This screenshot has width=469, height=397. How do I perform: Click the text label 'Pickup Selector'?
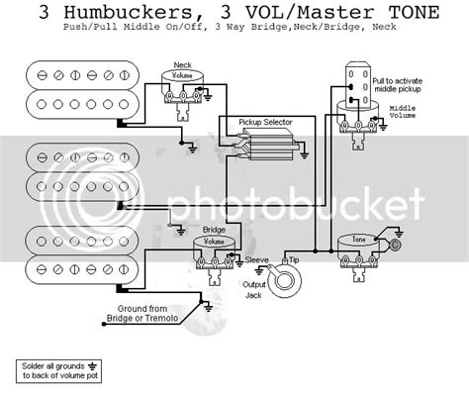pos(265,124)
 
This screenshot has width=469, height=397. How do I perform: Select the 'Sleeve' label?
pos(256,255)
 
